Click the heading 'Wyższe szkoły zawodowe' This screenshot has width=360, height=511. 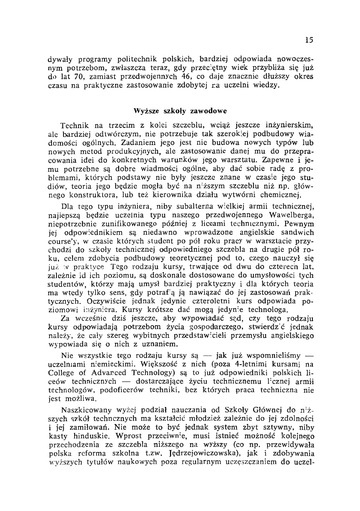click(x=180, y=110)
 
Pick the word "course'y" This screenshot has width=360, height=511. click(x=61, y=241)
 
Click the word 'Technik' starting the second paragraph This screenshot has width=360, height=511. click(x=75, y=126)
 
